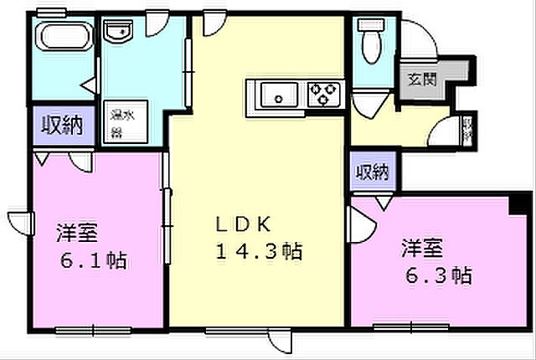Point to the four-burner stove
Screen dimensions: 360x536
pyautogui.click(x=322, y=93)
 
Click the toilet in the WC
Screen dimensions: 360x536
pyautogui.click(x=368, y=37)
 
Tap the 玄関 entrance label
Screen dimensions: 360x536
pyautogui.click(x=421, y=80)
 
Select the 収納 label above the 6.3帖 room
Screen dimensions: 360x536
pyautogui.click(x=373, y=173)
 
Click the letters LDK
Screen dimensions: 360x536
pyautogui.click(x=243, y=224)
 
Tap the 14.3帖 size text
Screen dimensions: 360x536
pyautogui.click(x=258, y=249)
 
